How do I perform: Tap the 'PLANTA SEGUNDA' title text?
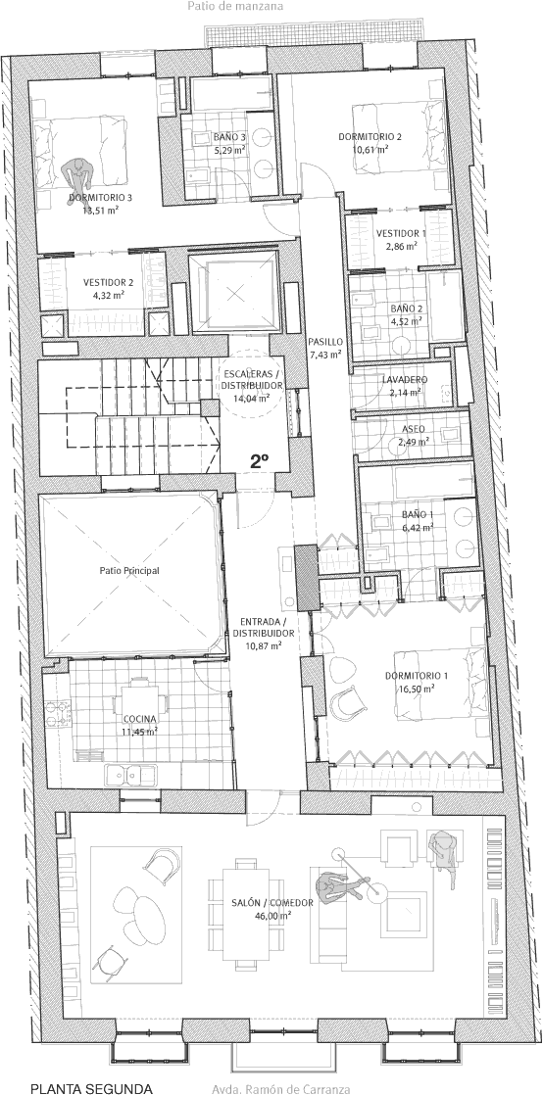click(x=91, y=1088)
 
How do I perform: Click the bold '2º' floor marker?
click(x=260, y=460)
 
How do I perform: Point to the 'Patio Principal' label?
click(x=129, y=571)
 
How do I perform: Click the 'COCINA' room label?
click(x=140, y=719)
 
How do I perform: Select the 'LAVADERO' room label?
click(x=406, y=380)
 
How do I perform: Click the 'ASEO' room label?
click(x=413, y=430)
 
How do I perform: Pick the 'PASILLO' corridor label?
click(x=325, y=342)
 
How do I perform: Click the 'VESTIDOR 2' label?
click(x=109, y=283)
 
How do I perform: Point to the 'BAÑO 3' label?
click(x=230, y=137)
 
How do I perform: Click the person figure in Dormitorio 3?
click(x=77, y=174)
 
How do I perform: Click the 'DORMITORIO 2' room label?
click(x=370, y=137)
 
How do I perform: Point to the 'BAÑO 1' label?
click(x=418, y=514)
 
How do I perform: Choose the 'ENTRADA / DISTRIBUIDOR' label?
click(x=267, y=627)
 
